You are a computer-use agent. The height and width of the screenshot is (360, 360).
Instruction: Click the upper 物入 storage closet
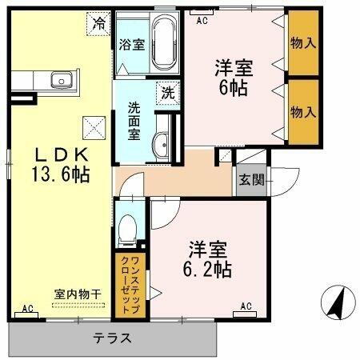point(301,41)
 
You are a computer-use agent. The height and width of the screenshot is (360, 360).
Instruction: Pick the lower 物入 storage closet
point(301,111)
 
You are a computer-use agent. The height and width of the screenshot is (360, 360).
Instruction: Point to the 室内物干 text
point(78,294)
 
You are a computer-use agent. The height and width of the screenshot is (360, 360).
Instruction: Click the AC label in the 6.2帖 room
point(246,305)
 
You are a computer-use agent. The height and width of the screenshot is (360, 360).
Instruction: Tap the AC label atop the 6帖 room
point(202,19)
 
